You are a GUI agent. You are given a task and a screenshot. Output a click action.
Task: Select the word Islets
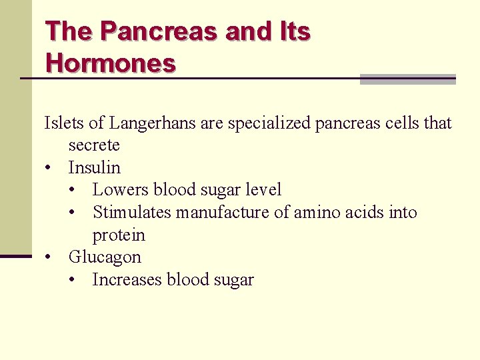64,123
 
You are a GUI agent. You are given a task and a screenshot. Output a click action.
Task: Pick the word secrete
94,145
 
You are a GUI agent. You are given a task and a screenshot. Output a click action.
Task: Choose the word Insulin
94,167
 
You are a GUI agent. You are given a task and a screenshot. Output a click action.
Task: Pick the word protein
119,235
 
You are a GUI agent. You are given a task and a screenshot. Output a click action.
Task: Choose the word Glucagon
105,257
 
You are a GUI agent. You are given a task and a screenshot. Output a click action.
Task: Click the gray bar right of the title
407,79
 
